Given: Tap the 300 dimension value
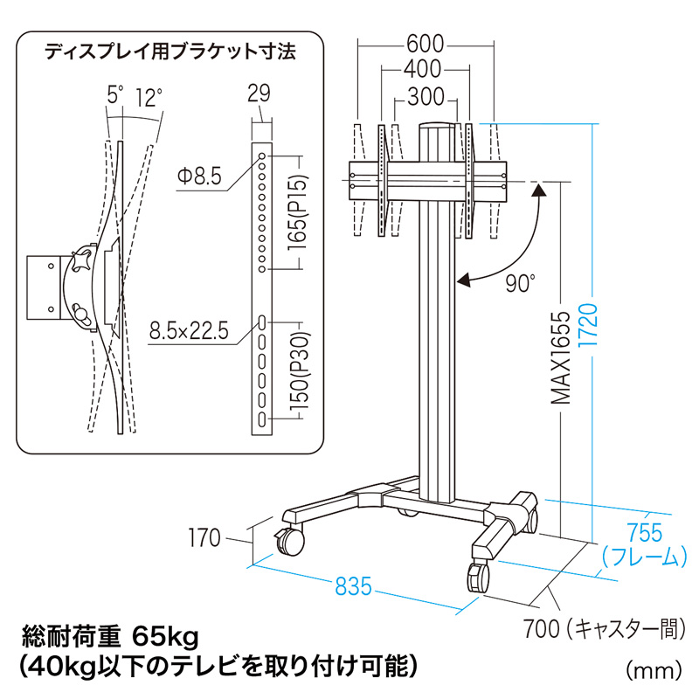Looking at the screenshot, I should (426, 98).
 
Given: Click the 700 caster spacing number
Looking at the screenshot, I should (541, 626).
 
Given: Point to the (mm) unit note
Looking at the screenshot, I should (653, 670).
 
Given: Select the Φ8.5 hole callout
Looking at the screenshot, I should (200, 176).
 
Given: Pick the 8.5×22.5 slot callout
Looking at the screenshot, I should (189, 332).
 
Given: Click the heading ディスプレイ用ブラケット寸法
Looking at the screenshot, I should (170, 52).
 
